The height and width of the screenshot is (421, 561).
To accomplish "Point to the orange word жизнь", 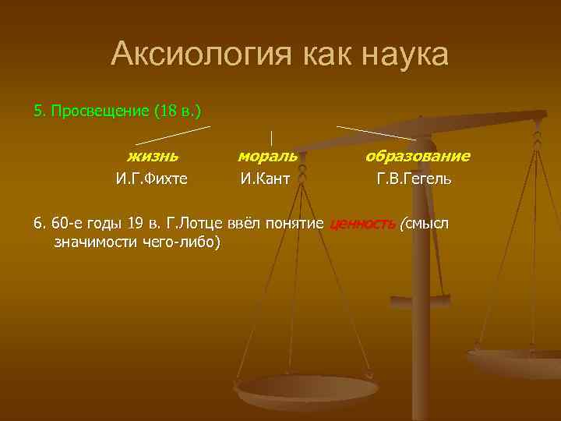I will click(x=153, y=157).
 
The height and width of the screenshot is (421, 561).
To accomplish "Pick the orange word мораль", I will click(x=267, y=157).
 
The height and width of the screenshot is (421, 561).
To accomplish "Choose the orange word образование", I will click(x=418, y=157).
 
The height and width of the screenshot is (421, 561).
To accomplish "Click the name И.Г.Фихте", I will click(x=152, y=179).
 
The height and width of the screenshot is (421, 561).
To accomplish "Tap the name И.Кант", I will click(x=265, y=179).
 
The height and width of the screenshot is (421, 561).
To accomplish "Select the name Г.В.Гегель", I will click(x=414, y=179).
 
